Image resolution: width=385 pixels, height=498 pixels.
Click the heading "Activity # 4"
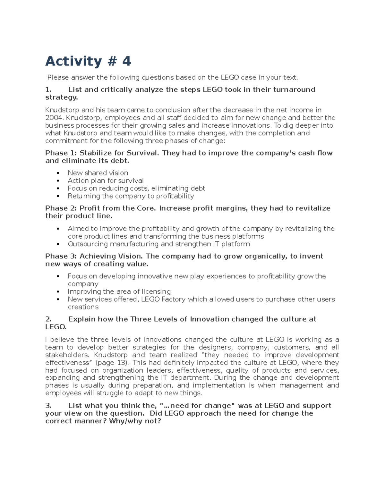click(x=88, y=61)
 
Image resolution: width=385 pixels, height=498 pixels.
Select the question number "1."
click(x=48, y=89)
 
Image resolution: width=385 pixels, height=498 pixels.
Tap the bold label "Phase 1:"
click(x=61, y=153)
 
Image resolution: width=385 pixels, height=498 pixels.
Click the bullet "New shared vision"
click(x=98, y=173)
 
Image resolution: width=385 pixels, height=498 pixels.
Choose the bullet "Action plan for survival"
click(x=106, y=181)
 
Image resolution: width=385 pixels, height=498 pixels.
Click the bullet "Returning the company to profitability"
click(x=131, y=196)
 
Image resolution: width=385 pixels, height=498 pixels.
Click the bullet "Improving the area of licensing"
click(x=119, y=291)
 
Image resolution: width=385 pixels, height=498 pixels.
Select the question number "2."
click(x=48, y=319)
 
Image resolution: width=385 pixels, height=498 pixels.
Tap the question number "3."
click(x=48, y=406)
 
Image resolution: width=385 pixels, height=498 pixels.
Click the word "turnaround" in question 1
click(x=294, y=89)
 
